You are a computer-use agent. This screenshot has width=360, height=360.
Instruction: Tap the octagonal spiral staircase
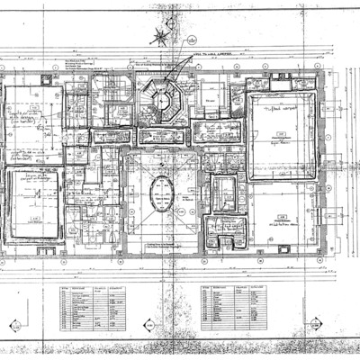[162, 99]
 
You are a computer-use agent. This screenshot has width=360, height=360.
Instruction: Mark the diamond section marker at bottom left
[13, 325]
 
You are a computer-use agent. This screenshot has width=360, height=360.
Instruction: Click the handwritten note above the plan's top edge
[209, 55]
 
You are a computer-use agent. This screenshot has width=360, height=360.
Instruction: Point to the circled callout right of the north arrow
[192, 40]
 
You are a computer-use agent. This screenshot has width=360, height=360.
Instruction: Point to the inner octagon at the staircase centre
[163, 101]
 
